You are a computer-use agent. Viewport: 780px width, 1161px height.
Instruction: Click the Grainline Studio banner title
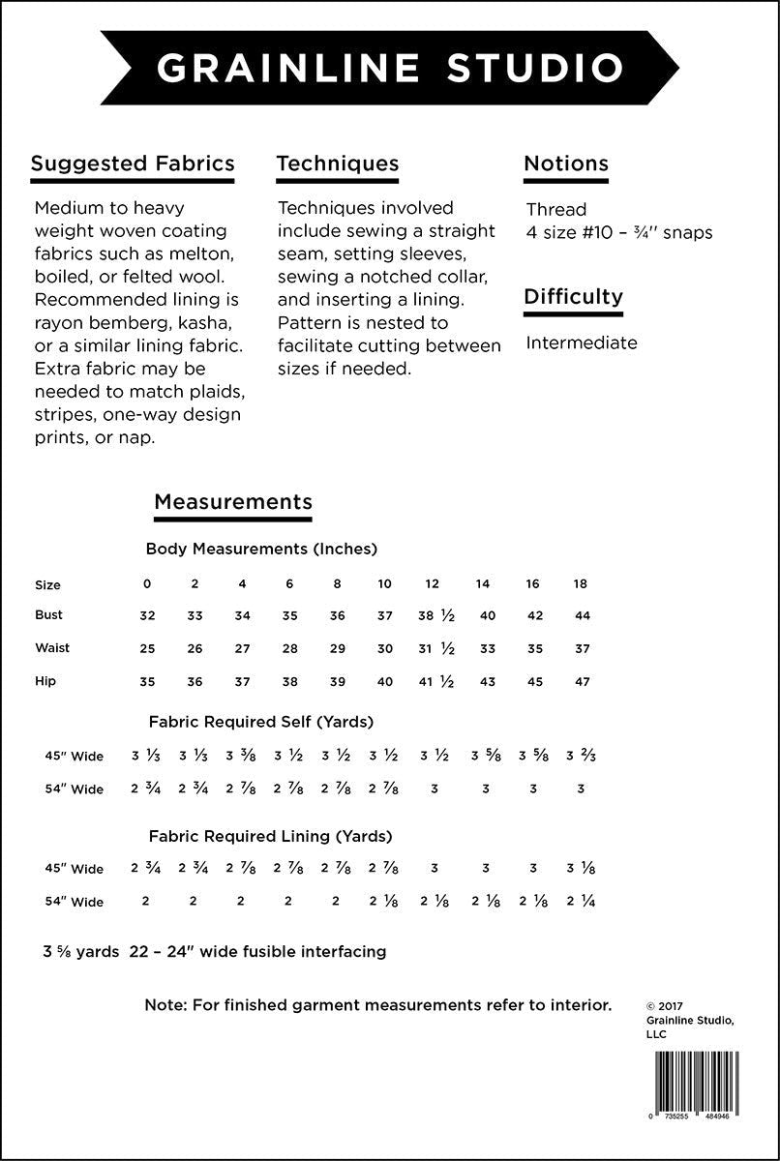pyautogui.click(x=390, y=69)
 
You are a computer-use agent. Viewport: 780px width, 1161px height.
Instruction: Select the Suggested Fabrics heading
pyautogui.click(x=133, y=163)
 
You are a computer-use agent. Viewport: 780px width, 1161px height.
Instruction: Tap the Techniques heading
pyautogui.click(x=338, y=163)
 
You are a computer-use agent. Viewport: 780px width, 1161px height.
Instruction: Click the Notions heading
pyautogui.click(x=566, y=163)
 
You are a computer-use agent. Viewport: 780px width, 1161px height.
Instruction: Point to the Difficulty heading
pyautogui.click(x=573, y=296)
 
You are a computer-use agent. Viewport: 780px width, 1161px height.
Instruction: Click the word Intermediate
pyautogui.click(x=582, y=342)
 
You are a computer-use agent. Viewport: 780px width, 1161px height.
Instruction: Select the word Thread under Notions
pyautogui.click(x=556, y=209)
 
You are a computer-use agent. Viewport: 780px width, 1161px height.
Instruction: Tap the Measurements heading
pyautogui.click(x=233, y=501)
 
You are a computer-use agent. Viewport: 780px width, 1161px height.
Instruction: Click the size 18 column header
pyautogui.click(x=581, y=583)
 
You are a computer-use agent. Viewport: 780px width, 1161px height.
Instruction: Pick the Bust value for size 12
pyautogui.click(x=436, y=615)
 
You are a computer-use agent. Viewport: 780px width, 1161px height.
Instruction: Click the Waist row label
pyautogui.click(x=52, y=648)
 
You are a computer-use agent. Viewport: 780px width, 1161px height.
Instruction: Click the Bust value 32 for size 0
pyautogui.click(x=147, y=615)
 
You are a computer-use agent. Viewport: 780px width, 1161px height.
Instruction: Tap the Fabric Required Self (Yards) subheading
pyautogui.click(x=261, y=722)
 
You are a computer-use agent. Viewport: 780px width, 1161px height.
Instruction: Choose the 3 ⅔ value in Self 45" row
pyautogui.click(x=581, y=756)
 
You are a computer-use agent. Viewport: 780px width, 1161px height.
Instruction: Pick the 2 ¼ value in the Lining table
pyautogui.click(x=581, y=902)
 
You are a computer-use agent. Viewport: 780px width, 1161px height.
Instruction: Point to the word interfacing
pyautogui.click(x=343, y=951)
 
